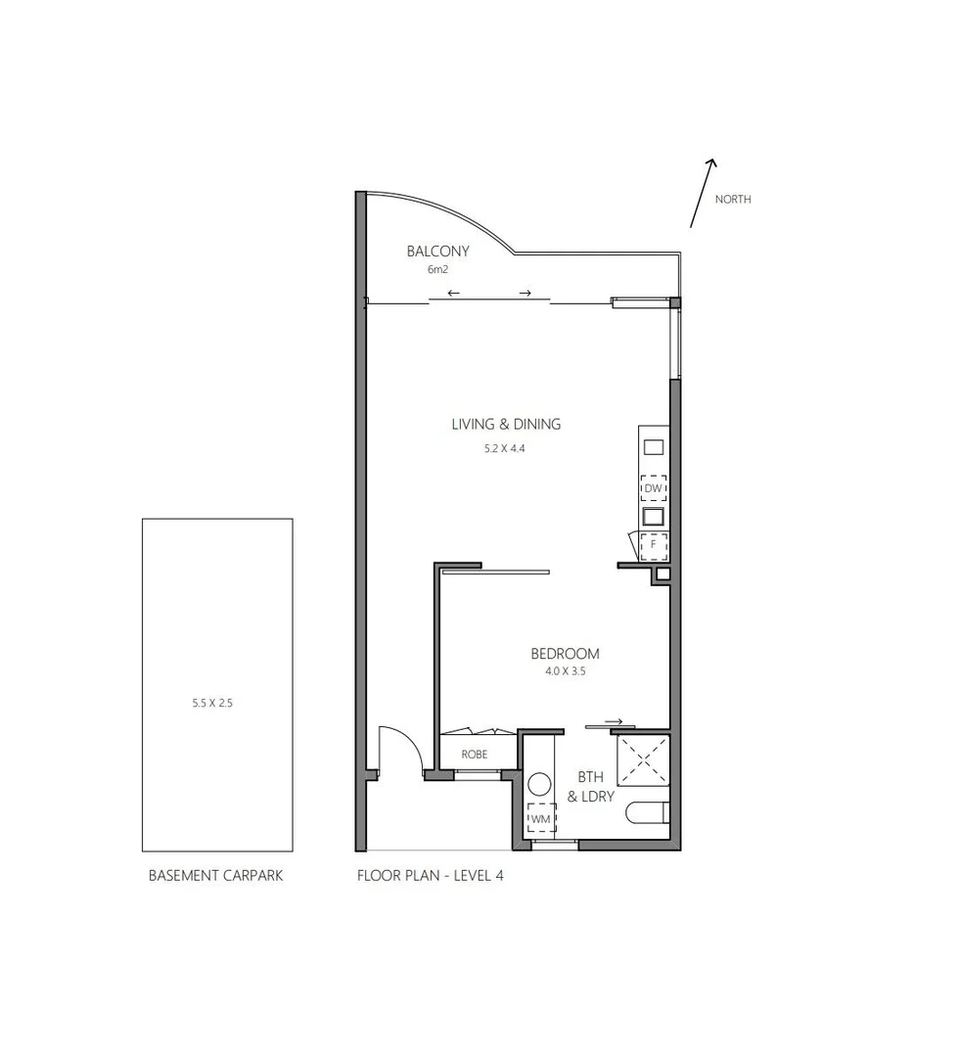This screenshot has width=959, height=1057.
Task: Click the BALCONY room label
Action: coord(438,252)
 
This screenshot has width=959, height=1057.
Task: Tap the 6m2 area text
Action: coord(437,269)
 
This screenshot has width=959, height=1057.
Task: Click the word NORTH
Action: coord(733,200)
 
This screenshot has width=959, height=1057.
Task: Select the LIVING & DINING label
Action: coord(506,425)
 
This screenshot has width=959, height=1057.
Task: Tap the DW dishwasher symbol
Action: coord(653,487)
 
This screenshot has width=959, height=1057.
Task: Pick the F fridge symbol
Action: coord(653,544)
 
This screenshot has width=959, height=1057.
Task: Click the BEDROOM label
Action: coord(565,654)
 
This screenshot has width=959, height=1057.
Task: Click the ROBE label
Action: coord(475,755)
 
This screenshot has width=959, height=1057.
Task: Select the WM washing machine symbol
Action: coord(540,818)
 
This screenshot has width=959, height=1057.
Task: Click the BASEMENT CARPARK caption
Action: coord(215,876)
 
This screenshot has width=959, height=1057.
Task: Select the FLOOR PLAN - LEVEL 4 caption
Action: coord(431,876)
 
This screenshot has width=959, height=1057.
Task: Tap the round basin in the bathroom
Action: coord(539,784)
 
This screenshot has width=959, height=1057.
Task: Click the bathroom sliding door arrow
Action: coord(614,722)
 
